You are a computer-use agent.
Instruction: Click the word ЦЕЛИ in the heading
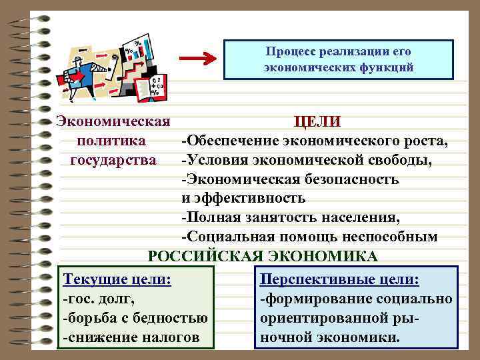click(x=317, y=122)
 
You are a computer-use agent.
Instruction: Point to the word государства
click(x=113, y=160)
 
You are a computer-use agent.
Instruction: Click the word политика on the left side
click(x=111, y=141)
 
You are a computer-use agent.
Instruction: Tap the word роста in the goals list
click(x=427, y=141)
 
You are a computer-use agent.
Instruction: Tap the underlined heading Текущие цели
click(x=116, y=279)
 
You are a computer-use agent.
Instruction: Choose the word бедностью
click(x=171, y=318)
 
